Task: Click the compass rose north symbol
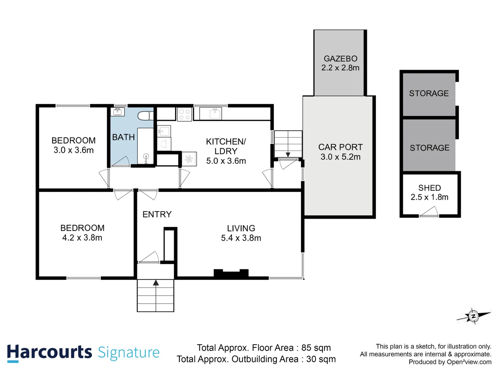473,316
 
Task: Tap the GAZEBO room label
340,59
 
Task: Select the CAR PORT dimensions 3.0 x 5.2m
340,157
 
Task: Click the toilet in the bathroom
145,116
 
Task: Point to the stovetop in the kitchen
185,114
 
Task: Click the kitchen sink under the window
215,113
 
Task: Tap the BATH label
123,137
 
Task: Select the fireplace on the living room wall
231,274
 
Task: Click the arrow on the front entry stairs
156,283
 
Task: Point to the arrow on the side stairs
288,154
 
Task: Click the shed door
429,212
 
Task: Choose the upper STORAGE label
429,93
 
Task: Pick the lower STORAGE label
429,148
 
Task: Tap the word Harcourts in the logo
49,352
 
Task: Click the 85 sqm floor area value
316,348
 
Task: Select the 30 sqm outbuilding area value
321,359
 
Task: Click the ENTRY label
157,214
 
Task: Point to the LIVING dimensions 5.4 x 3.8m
241,238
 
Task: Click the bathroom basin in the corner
118,112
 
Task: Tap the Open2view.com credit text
469,362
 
